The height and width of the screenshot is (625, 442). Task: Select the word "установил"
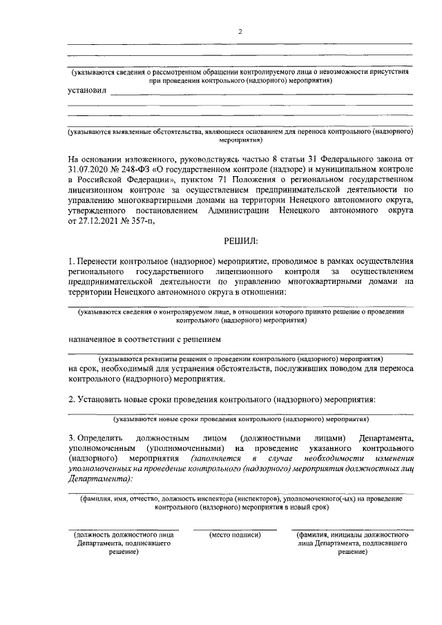[x=87, y=90]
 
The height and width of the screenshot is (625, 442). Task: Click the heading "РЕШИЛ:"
[x=240, y=241]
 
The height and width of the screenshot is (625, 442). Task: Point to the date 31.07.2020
[x=88, y=168]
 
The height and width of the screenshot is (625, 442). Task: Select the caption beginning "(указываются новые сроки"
[x=240, y=419]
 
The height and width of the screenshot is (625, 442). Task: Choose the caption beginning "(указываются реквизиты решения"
[x=240, y=359]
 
